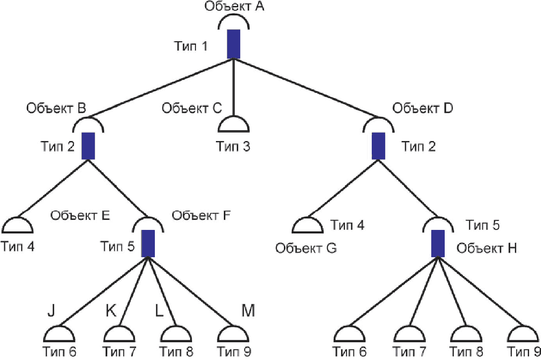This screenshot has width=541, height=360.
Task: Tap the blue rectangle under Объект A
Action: pos(234,44)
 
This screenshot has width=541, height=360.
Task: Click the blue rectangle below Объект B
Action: pos(88,145)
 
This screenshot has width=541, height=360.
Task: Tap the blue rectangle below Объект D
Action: pos(379,145)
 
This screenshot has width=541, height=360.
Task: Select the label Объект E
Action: pos(80,216)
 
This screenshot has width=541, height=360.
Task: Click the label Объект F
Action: pos(202,216)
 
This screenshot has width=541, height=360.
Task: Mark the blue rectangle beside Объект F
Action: pos(147,243)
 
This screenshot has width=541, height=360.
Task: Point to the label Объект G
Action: pos(306,248)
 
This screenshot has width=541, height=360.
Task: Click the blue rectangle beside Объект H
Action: pos(437,243)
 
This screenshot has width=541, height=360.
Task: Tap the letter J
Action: pos(51,311)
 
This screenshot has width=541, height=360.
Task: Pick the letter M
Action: pos(248,311)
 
